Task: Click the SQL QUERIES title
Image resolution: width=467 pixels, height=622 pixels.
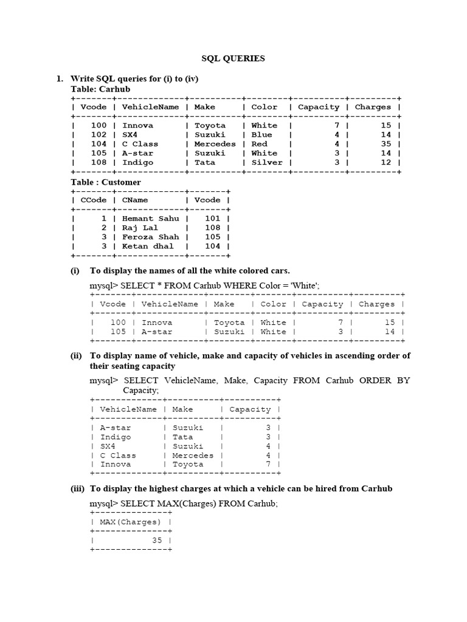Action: coord(233,59)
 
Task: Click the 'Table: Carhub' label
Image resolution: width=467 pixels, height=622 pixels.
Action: coord(100,89)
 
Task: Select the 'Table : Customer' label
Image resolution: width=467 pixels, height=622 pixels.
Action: coord(106,182)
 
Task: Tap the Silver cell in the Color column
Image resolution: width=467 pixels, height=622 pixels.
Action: coord(267,163)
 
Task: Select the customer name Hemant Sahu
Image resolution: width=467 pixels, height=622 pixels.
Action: coord(151,219)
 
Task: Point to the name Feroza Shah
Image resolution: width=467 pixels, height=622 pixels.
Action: coord(151,237)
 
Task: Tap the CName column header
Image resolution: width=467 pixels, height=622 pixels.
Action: coord(135,200)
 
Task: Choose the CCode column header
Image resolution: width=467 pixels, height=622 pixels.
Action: coord(94,200)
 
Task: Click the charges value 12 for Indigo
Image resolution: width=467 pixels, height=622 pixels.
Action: coord(386,163)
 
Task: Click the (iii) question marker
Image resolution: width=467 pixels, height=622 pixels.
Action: coord(78,488)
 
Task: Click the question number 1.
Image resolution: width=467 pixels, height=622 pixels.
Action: coord(60,79)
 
